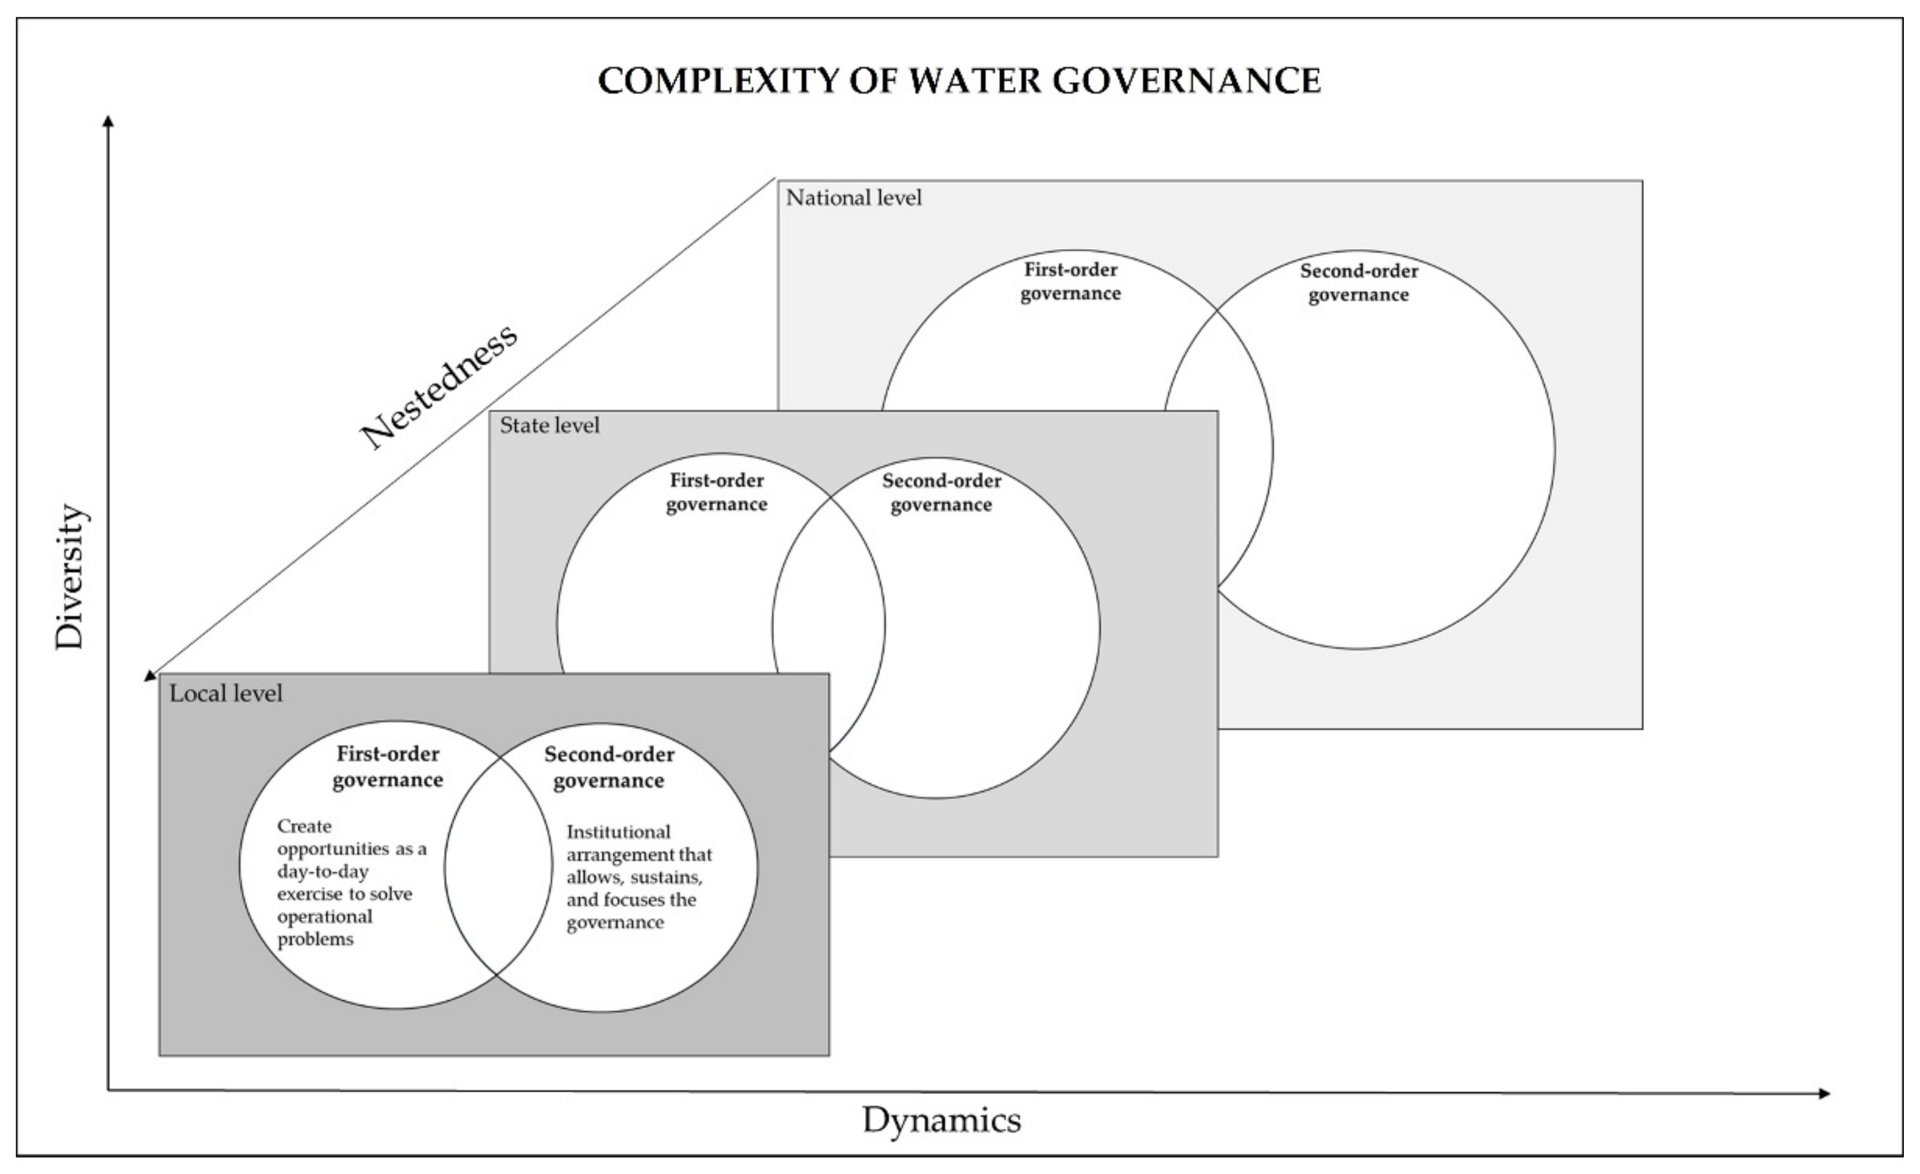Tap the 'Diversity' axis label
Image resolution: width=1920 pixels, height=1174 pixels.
tap(70, 576)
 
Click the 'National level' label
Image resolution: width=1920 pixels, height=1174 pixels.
tap(853, 198)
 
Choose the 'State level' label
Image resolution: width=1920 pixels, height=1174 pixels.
tap(549, 425)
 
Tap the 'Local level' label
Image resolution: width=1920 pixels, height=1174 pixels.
tap(226, 693)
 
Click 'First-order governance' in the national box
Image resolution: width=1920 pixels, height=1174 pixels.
tap(1070, 282)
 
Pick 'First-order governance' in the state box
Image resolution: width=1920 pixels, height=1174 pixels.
tap(717, 492)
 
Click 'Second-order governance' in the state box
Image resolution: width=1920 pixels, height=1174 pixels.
tap(941, 492)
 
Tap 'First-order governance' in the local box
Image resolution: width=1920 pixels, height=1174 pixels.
tap(388, 767)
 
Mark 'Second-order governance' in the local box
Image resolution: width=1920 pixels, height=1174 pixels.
tap(609, 767)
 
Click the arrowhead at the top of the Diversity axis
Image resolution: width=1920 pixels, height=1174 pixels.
tap(108, 121)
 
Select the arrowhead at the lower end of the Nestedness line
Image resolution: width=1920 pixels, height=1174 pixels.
tap(150, 675)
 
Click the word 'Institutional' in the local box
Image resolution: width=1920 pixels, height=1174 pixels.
tap(618, 832)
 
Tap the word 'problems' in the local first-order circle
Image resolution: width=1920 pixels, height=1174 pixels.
tap(316, 939)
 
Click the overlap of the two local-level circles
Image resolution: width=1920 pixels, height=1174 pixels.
tap(499, 867)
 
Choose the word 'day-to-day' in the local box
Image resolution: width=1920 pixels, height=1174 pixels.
tap(323, 871)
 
